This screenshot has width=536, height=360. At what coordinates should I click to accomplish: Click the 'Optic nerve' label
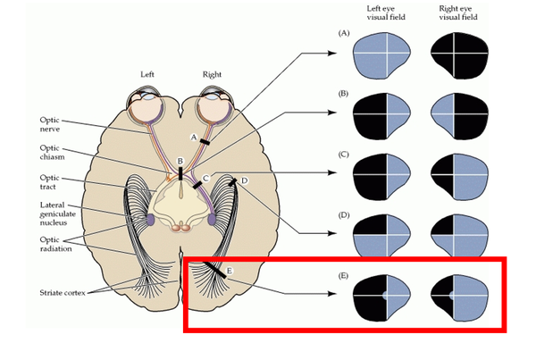(x=50, y=124)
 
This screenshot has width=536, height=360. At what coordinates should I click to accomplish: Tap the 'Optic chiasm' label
(x=52, y=153)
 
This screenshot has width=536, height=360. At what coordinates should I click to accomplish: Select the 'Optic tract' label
(x=49, y=182)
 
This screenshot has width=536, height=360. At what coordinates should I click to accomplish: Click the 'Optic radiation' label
(x=56, y=244)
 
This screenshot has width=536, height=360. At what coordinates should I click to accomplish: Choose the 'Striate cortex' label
(x=63, y=293)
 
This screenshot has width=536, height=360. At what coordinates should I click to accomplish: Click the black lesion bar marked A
(x=205, y=141)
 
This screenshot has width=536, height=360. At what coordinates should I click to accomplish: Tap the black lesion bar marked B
(x=180, y=172)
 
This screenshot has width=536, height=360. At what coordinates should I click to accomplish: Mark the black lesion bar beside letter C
(x=197, y=185)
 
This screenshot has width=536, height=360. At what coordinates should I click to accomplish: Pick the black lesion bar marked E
(x=215, y=269)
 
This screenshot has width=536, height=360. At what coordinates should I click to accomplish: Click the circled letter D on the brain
(x=244, y=180)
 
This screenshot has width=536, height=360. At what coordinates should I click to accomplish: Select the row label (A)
(x=344, y=33)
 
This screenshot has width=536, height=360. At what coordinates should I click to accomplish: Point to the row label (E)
(x=344, y=275)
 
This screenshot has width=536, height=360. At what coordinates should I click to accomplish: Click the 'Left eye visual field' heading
(x=386, y=13)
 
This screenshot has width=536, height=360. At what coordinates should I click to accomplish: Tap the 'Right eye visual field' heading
(x=458, y=13)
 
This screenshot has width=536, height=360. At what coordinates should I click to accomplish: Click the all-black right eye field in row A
(x=459, y=54)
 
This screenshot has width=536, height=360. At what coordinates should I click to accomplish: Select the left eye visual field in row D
(x=381, y=236)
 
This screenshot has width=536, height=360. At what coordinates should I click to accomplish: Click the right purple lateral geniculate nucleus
(x=212, y=219)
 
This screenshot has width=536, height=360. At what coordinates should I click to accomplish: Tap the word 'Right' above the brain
(x=212, y=74)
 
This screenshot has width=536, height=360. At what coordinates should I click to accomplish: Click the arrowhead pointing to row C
(x=332, y=172)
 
